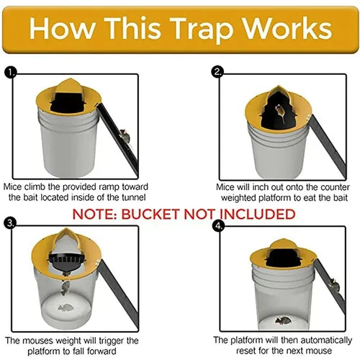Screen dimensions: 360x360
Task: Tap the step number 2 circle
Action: (x=217, y=72)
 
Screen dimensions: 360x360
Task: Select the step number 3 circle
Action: (x=10, y=223)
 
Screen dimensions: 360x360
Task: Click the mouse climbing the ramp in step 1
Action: (x=123, y=135)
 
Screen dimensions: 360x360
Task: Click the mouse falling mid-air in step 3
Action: (x=65, y=289)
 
